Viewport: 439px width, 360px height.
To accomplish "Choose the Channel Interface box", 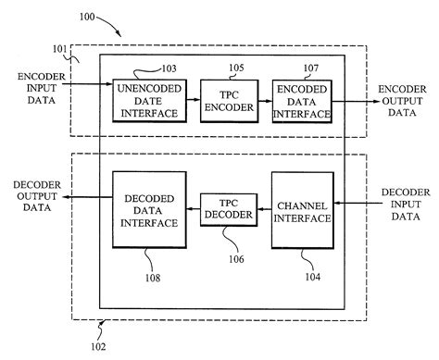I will [x=302, y=210].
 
